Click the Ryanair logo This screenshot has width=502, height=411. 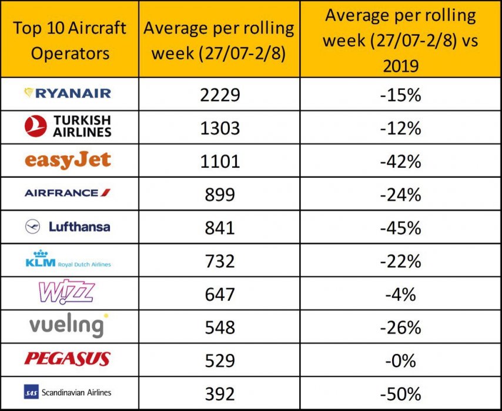(67, 93)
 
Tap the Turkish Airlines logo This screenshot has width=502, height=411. (69, 126)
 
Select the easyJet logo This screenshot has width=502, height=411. (68, 160)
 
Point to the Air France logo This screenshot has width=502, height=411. (68, 193)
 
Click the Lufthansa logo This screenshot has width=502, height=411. (68, 226)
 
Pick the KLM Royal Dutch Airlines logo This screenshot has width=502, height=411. (68, 260)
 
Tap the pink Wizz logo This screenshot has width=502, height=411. (66, 292)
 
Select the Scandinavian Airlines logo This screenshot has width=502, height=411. (68, 392)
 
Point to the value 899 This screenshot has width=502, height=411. (219, 194)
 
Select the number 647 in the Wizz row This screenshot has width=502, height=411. (219, 294)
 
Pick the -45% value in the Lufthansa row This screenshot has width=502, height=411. (400, 227)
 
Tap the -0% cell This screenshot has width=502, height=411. (400, 360)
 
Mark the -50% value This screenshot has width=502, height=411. (400, 393)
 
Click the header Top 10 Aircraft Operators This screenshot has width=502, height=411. (70, 40)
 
